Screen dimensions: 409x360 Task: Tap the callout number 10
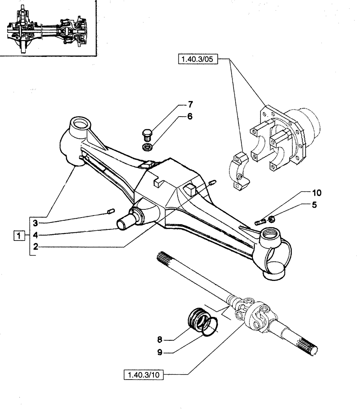pyautogui.click(x=317, y=192)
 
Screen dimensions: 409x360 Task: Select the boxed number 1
pyautogui.click(x=18, y=235)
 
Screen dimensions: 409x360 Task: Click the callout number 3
pyautogui.click(x=36, y=223)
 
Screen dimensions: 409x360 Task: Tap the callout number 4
pyautogui.click(x=36, y=235)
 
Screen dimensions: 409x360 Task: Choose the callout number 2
pyautogui.click(x=36, y=247)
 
